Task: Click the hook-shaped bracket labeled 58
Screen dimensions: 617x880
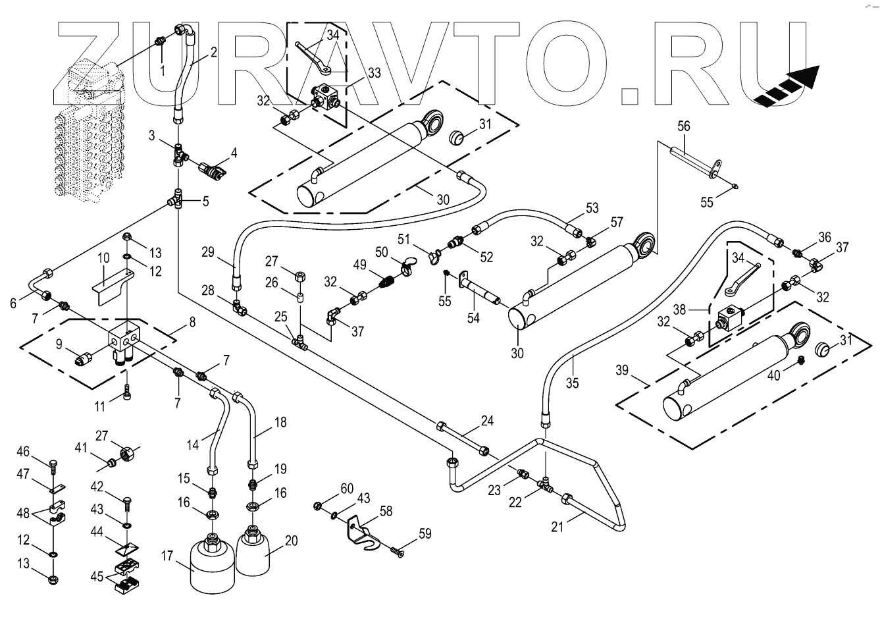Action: (x=361, y=530)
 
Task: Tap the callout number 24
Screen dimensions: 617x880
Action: (x=487, y=420)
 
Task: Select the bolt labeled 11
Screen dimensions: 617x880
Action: (x=128, y=394)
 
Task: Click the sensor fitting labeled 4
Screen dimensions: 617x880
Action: (x=213, y=170)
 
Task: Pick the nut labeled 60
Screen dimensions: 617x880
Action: (x=317, y=505)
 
